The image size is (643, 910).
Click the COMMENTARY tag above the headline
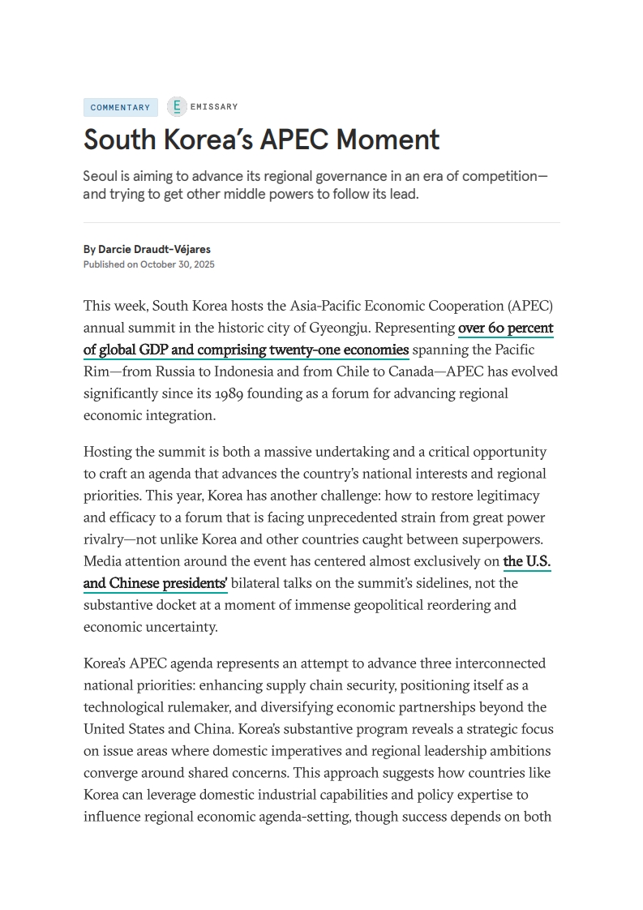(x=120, y=107)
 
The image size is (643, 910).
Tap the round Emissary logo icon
(x=177, y=106)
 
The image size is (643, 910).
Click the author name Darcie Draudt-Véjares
(x=154, y=249)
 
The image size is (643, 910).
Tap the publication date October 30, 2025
(x=178, y=264)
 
